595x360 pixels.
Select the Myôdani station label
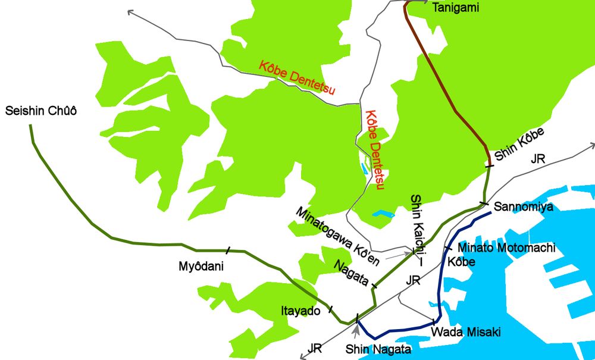[201, 267]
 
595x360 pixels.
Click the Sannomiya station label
[524, 207]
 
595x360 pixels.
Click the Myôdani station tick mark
[228, 251]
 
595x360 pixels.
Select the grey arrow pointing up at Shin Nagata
[356, 328]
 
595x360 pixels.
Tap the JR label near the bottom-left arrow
[316, 347]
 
